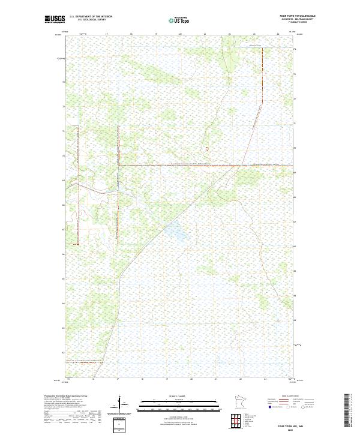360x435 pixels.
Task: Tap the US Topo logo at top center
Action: point(180,20)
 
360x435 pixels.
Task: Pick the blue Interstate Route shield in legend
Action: point(271,407)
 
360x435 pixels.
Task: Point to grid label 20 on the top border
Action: point(181,34)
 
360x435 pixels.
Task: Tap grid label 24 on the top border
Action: point(278,34)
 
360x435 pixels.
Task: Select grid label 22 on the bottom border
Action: point(241,379)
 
